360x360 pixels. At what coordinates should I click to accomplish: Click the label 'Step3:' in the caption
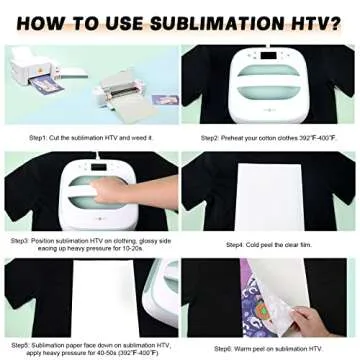(x=20, y=241)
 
